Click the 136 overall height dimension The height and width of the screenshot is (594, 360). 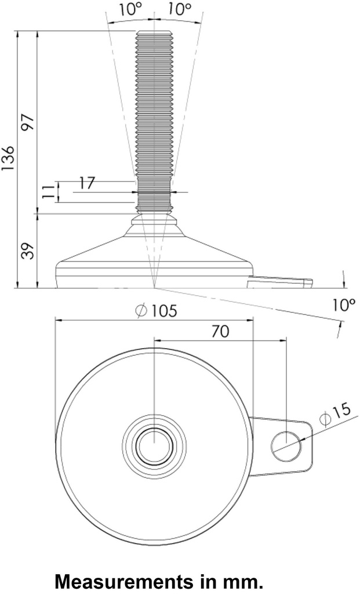click(8, 158)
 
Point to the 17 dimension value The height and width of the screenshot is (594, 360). click(88, 183)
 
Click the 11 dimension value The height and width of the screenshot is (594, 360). click(50, 193)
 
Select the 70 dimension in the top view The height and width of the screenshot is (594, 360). click(220, 331)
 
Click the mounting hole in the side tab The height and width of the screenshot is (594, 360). click(286, 445)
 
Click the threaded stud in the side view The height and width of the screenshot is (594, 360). click(154, 116)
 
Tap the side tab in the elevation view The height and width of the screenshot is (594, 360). click(281, 282)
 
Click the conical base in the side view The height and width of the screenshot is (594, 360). click(154, 249)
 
